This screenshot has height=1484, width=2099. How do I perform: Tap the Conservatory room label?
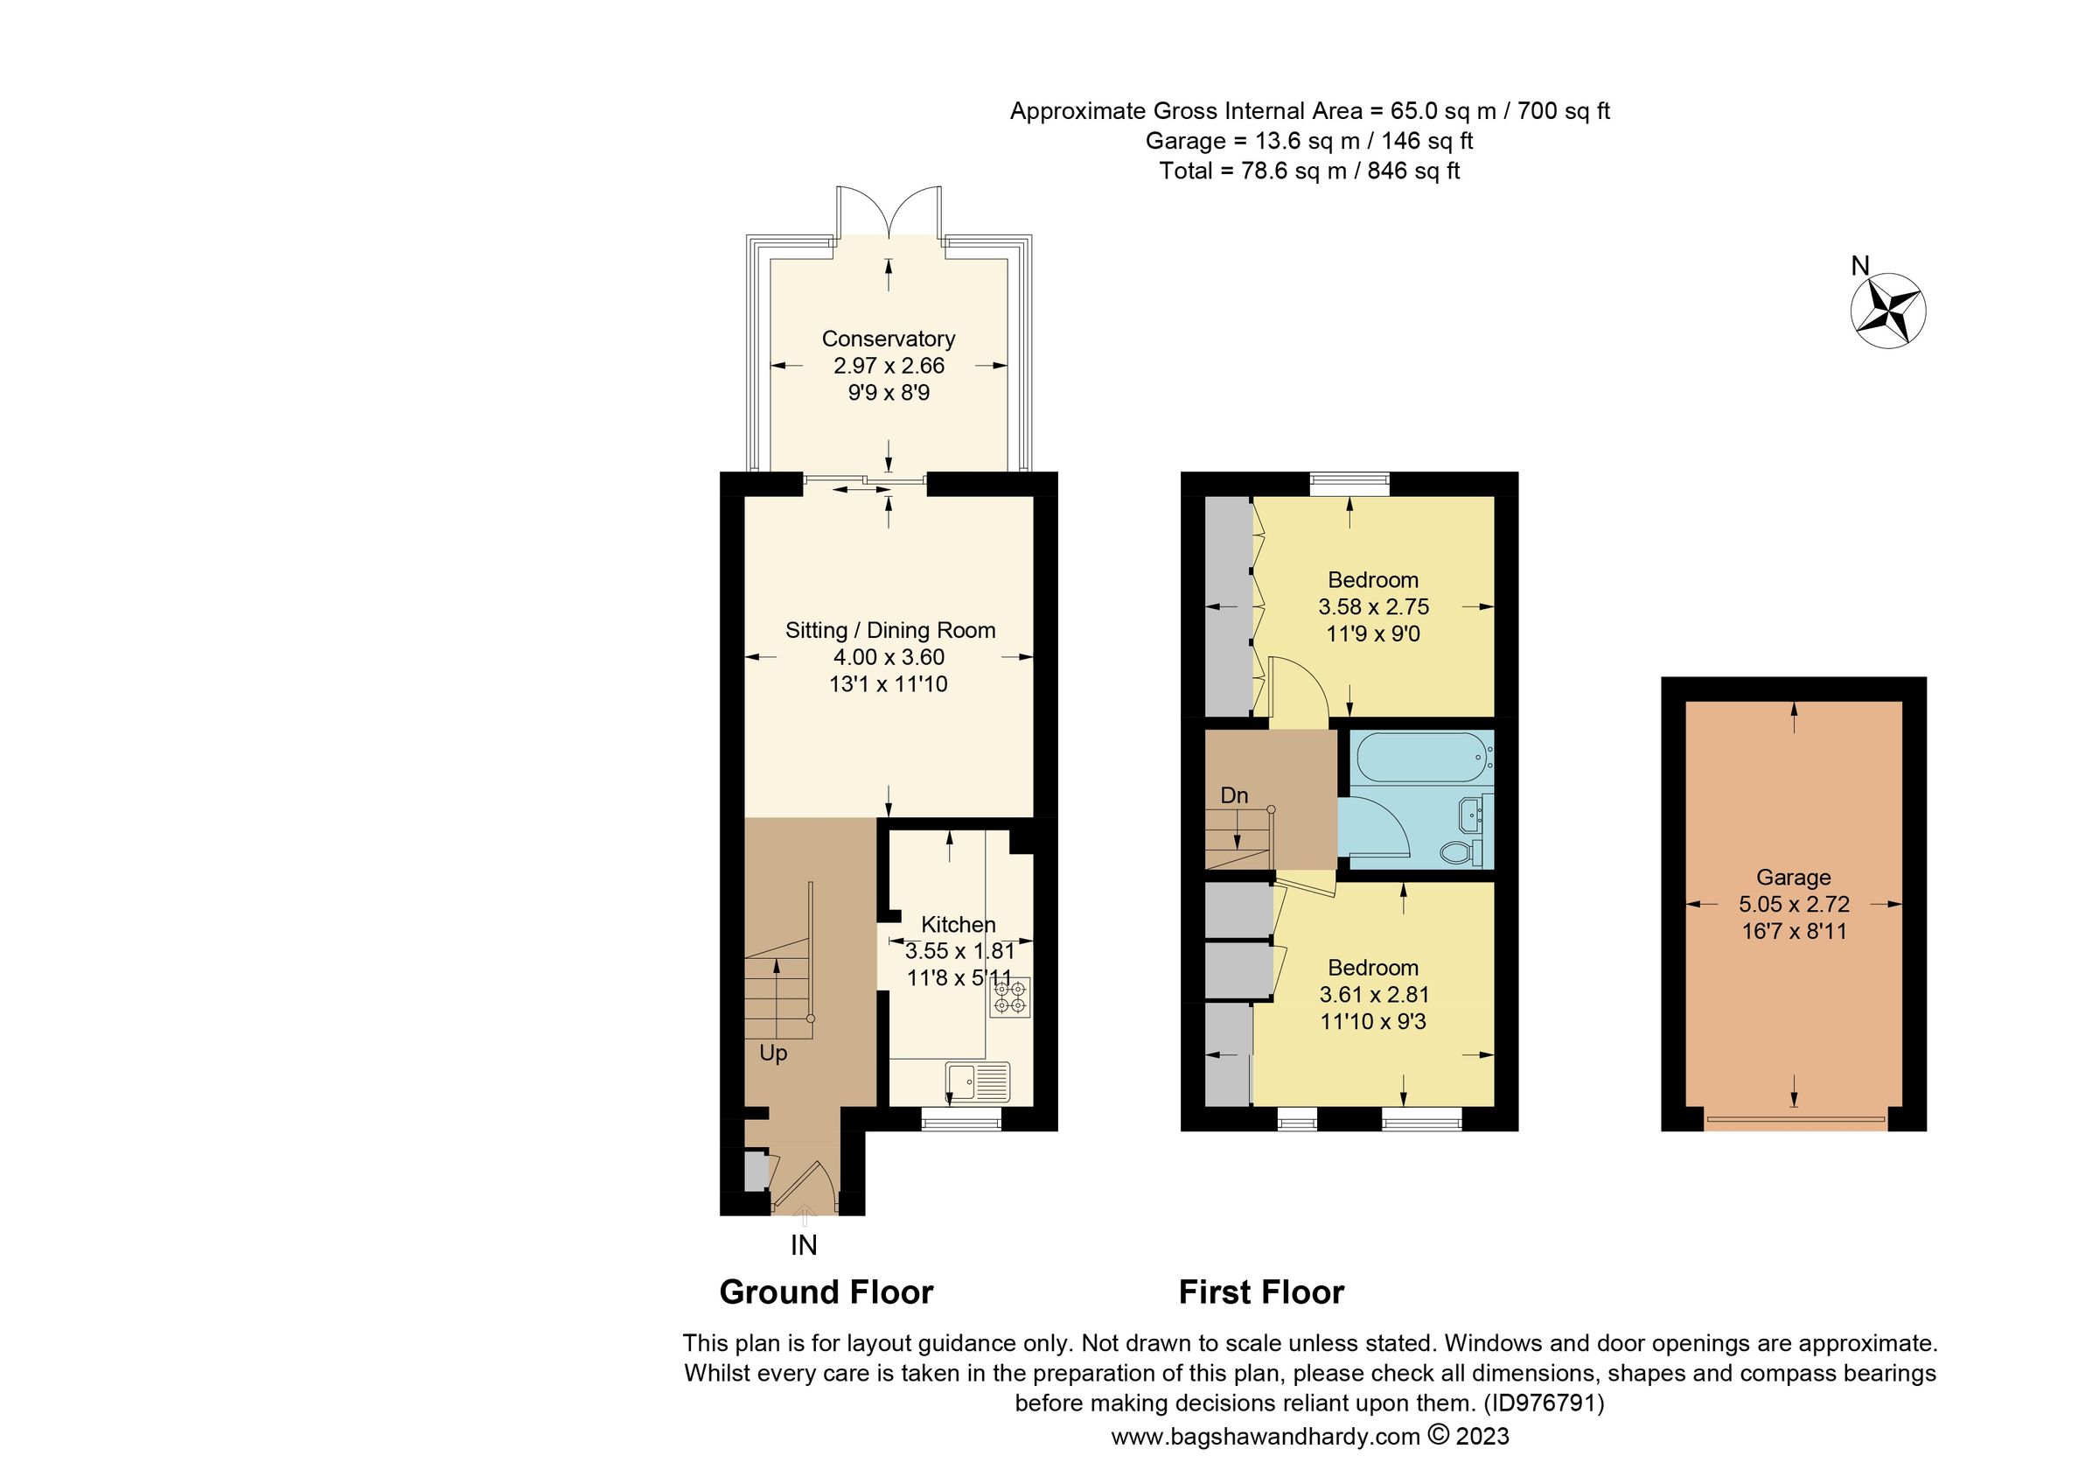pyautogui.click(x=888, y=339)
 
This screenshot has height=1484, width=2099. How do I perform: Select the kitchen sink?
pyautogui.click(x=978, y=1081)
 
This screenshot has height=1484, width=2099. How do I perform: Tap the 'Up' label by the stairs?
pyautogui.click(x=772, y=1054)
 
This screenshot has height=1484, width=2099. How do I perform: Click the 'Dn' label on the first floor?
pyautogui.click(x=1234, y=795)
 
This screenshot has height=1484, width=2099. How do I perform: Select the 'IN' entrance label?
pyautogui.click(x=804, y=1245)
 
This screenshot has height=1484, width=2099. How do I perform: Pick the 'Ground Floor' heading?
pyautogui.click(x=826, y=1293)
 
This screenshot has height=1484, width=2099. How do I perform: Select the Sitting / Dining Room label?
pyautogui.click(x=889, y=630)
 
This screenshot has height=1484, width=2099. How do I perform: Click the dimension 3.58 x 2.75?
pyautogui.click(x=1373, y=606)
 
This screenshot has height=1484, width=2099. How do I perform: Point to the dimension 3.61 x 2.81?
pyautogui.click(x=1373, y=995)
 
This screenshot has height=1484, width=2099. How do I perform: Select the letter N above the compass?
pyautogui.click(x=1859, y=266)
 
